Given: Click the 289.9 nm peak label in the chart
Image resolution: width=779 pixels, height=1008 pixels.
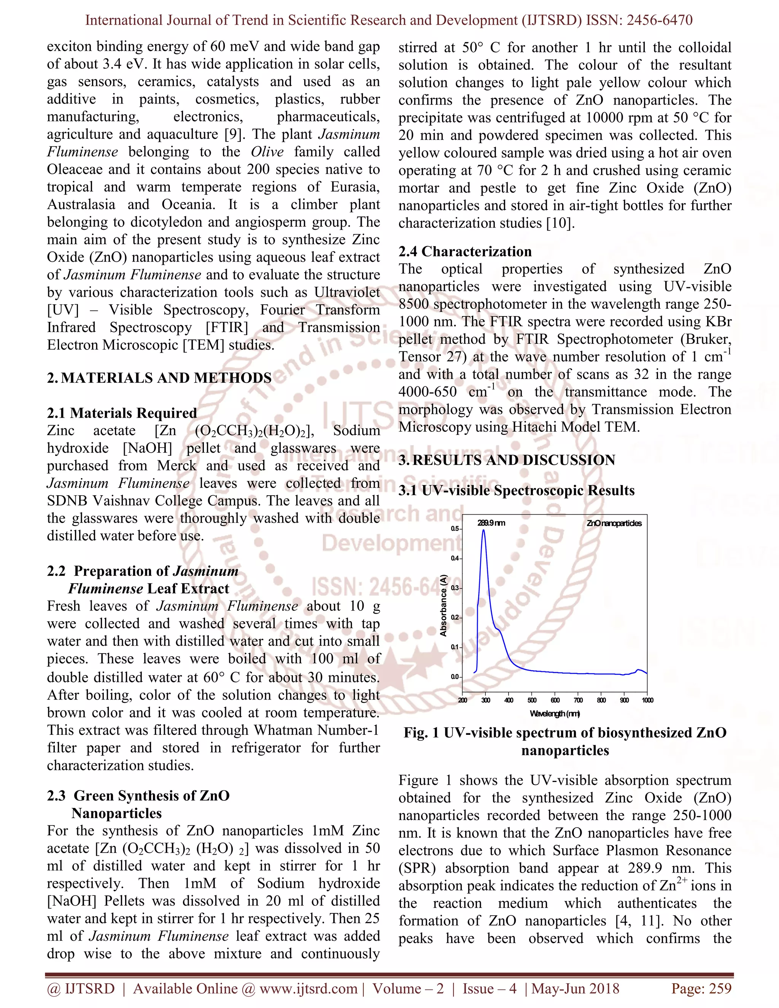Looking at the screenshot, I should [491, 523].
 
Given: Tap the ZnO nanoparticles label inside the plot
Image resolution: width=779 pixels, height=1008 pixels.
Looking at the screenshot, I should [614, 523].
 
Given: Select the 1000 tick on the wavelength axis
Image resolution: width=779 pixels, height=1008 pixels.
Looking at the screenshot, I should [647, 700].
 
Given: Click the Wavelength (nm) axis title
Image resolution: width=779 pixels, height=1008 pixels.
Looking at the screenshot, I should [555, 714].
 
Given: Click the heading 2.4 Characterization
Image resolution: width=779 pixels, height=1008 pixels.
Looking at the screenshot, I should [465, 251].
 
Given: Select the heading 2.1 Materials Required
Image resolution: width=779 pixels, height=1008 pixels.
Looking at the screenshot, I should [122, 413].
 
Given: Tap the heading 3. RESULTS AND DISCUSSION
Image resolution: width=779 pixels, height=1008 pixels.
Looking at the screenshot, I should [507, 460].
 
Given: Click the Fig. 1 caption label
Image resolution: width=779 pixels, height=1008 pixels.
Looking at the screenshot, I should [422, 733].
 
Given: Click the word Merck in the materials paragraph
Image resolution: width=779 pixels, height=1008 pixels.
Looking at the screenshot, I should [177, 466].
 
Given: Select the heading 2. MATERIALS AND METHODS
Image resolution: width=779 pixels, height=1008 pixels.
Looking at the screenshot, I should [159, 378].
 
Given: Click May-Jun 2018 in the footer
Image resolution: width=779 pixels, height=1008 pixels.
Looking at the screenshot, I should [576, 989].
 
